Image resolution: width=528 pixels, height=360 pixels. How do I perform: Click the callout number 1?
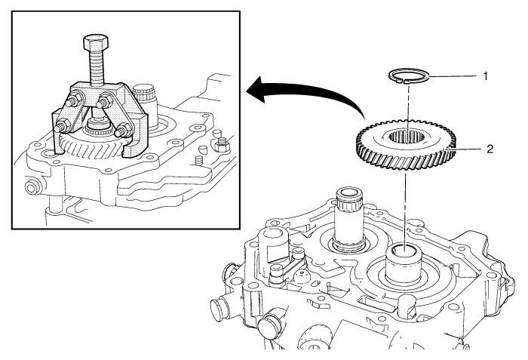[487, 77]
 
